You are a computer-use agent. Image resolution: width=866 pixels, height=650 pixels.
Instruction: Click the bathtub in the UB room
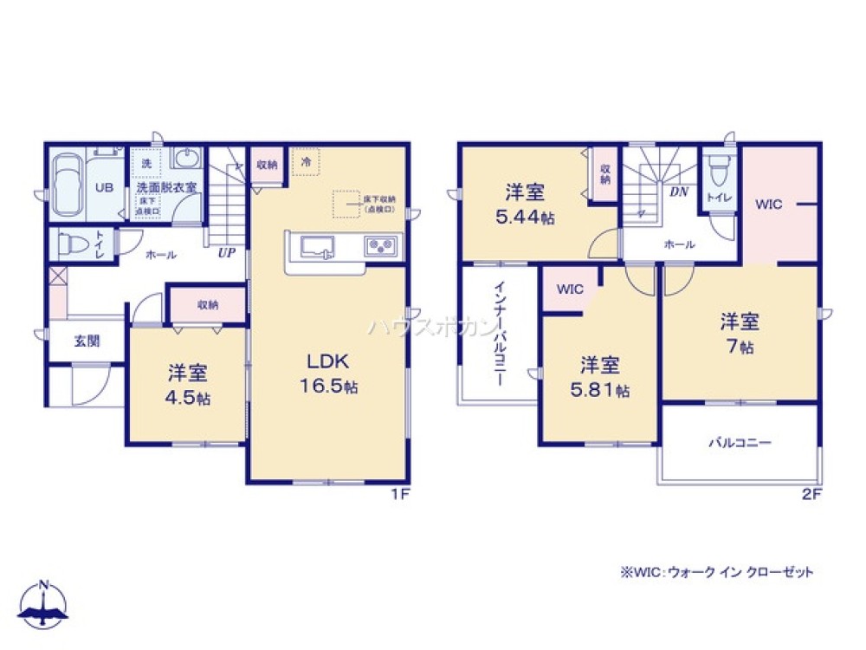coord(67,187)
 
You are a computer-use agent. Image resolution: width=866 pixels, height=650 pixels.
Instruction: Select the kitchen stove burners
coord(380,246)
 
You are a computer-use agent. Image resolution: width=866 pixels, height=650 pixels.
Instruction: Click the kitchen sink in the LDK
coord(322,247)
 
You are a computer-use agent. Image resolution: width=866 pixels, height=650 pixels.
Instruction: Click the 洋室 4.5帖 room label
coord(188,387)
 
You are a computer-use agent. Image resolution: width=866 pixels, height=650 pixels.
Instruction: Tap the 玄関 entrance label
coord(86,341)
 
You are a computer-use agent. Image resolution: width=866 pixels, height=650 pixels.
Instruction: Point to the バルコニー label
coord(740,442)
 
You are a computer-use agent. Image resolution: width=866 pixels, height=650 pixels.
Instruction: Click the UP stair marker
coord(227,253)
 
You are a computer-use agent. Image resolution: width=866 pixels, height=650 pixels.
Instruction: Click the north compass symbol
coord(44,602)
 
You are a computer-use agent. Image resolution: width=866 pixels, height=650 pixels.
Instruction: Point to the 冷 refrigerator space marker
coord(306,161)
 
